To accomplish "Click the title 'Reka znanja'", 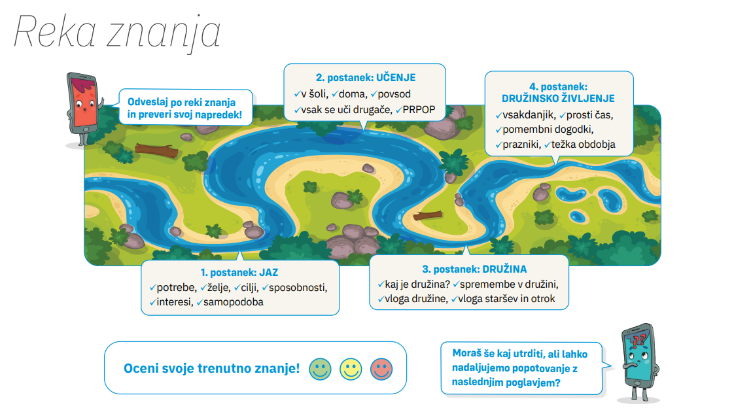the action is (x=117, y=32).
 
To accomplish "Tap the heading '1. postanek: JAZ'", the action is (x=239, y=273).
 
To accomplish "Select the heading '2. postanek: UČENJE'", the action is (x=366, y=78).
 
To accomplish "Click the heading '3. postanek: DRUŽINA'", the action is (x=474, y=269).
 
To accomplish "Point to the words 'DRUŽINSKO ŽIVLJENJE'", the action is (x=558, y=98).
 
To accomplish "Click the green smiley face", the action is (x=320, y=369).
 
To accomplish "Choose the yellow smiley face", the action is (x=351, y=369).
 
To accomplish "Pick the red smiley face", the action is (x=381, y=369).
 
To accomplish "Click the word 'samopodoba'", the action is (x=233, y=302).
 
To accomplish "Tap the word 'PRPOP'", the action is (x=419, y=109).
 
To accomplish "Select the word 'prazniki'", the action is (x=521, y=145).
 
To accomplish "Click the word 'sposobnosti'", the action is (x=298, y=288).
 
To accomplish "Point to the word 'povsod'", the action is (x=394, y=94).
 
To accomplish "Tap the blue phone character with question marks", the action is (x=639, y=361).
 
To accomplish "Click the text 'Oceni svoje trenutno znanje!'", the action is (x=211, y=368).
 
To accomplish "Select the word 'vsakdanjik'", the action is (x=529, y=115).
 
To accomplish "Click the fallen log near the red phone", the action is (x=156, y=150).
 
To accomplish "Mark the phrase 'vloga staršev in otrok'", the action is (x=506, y=299).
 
